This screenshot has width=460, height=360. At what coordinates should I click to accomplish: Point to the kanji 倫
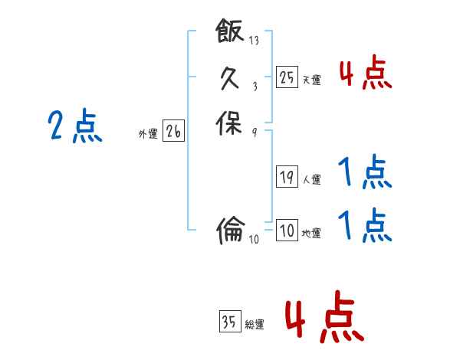click(x=230, y=228)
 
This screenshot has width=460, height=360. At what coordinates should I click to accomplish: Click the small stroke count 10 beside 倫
click(x=255, y=239)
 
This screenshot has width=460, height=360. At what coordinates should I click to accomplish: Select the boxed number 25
click(x=287, y=77)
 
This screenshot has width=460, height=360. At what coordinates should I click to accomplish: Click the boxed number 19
click(x=287, y=177)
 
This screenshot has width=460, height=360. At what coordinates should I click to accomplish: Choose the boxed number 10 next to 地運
click(x=287, y=230)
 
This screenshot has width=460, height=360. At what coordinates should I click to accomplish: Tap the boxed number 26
click(x=173, y=132)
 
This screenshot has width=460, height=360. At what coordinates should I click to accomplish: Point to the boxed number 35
click(x=229, y=322)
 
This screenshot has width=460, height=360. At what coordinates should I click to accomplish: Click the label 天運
click(x=311, y=80)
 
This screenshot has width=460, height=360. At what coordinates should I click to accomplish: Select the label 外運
click(x=148, y=134)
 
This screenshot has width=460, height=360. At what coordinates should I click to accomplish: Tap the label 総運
click(x=255, y=325)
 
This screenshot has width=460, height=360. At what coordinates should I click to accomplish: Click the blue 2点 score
click(x=75, y=126)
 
